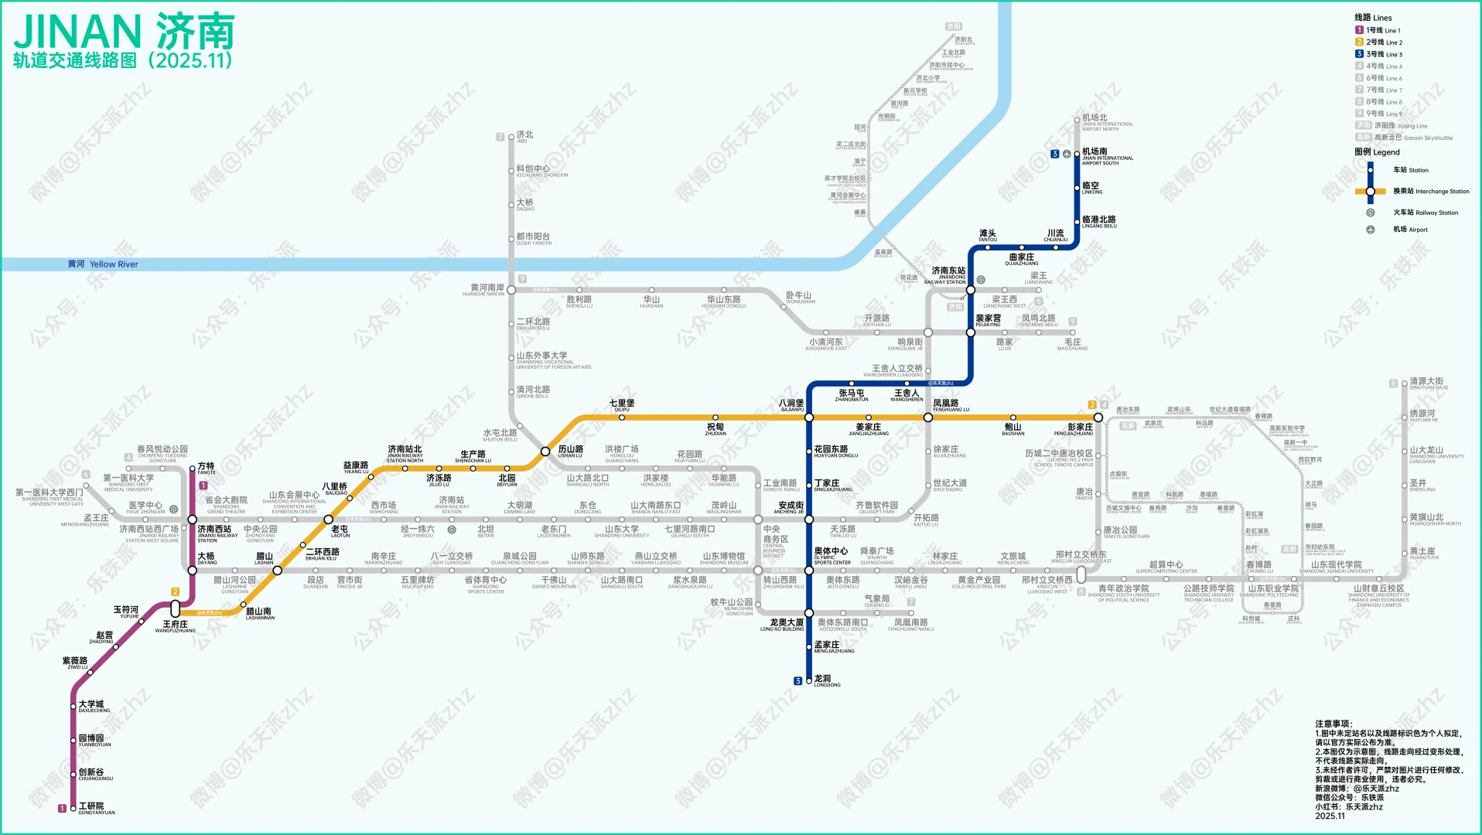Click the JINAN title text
pos(77,32)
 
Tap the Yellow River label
pos(103,264)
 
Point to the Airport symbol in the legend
pos(1370,230)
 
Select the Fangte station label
pos(206,469)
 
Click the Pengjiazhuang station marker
pos(1098,417)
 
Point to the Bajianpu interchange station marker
pos(809,417)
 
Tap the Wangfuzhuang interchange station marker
pos(176,609)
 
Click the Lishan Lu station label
pos(570,451)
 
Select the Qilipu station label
pos(621,405)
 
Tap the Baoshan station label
pos(1012,429)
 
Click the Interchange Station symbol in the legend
pos(1370,191)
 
